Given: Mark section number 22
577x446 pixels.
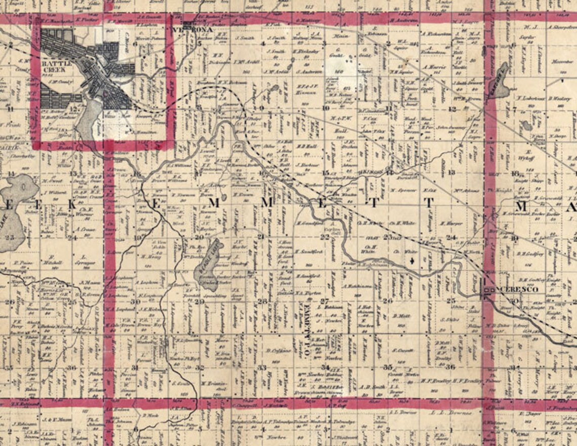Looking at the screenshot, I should [324, 237].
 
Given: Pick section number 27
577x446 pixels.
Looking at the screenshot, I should [324, 301].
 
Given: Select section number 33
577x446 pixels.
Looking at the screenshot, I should [262, 368].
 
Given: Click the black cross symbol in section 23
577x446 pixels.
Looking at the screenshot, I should [415, 261].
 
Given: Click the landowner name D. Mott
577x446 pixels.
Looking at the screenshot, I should [400, 317].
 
